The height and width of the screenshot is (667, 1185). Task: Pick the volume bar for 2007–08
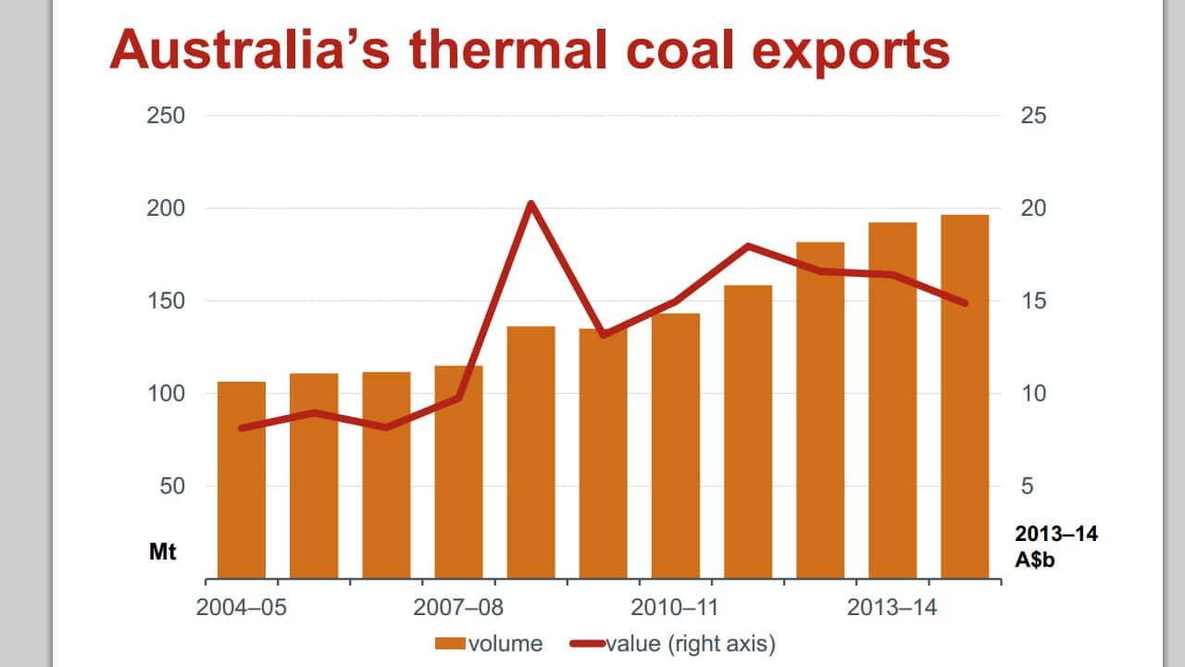click(x=458, y=472)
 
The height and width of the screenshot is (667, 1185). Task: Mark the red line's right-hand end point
click(x=965, y=303)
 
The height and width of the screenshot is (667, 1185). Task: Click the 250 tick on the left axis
click(x=167, y=116)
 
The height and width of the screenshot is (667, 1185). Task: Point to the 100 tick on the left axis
click(x=167, y=394)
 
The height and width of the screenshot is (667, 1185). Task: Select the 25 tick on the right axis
click(x=1033, y=116)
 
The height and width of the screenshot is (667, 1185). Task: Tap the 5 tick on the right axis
click(x=1027, y=486)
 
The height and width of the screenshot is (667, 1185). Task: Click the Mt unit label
click(x=162, y=552)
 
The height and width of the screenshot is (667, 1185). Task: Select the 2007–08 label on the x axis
click(x=458, y=609)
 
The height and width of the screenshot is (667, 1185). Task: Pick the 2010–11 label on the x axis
click(x=676, y=609)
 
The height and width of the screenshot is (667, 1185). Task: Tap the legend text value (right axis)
click(x=690, y=643)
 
